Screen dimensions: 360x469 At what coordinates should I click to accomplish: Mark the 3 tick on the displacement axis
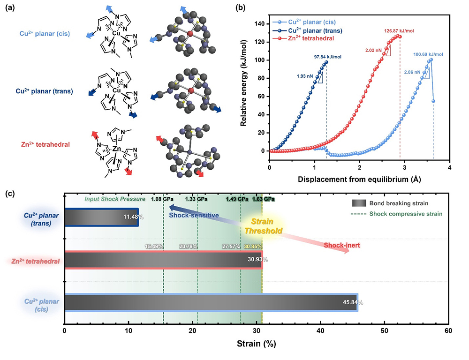(404, 167)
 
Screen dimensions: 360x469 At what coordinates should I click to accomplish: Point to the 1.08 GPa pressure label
(159, 199)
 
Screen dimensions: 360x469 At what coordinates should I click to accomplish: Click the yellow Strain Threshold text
(265, 226)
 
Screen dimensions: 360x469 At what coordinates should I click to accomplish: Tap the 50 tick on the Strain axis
(384, 330)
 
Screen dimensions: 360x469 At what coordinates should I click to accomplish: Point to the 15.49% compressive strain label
(154, 246)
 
